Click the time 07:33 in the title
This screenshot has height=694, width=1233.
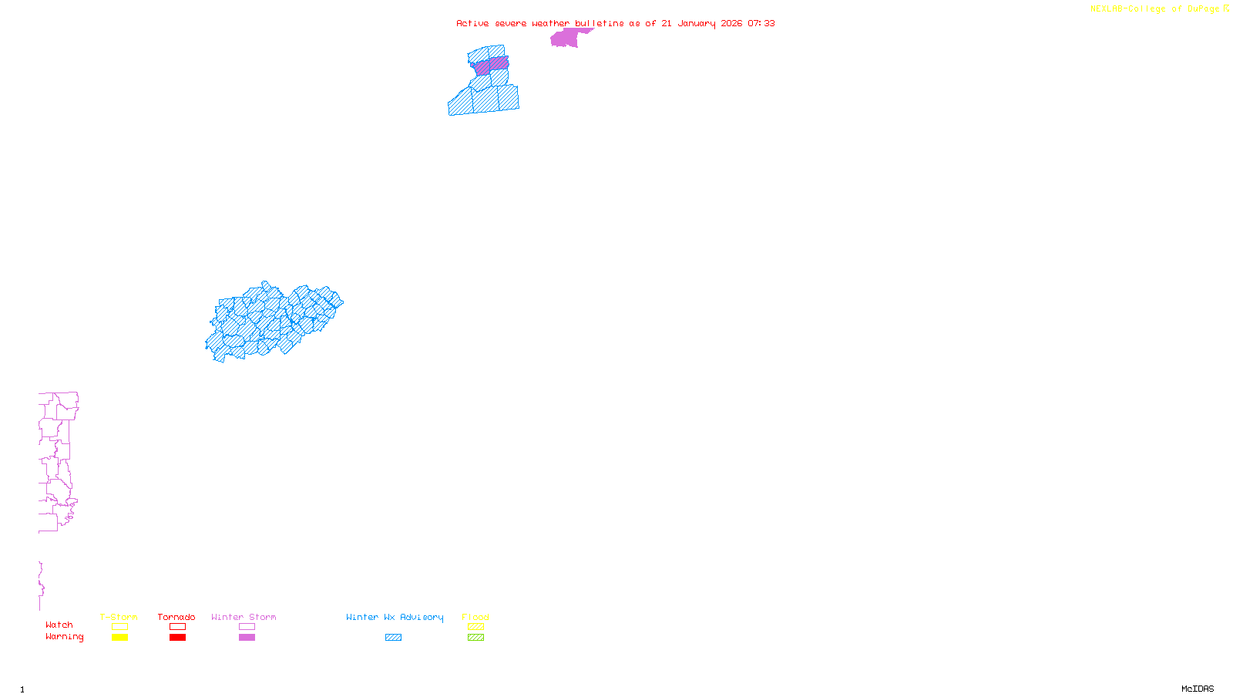(761, 23)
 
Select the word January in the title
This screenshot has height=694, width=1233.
(696, 23)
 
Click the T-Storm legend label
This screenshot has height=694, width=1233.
(119, 617)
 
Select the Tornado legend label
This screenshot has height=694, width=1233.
(176, 617)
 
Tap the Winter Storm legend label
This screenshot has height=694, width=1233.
(244, 617)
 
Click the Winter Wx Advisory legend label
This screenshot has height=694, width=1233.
(395, 617)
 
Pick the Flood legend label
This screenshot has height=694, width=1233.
(475, 617)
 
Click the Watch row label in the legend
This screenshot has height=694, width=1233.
(59, 625)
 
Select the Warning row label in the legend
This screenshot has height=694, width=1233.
(64, 637)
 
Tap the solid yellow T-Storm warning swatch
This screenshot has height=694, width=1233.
(119, 638)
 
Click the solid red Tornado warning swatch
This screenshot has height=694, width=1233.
(177, 638)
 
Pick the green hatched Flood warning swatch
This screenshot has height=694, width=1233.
(475, 638)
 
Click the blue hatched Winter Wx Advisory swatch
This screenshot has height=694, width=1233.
(393, 638)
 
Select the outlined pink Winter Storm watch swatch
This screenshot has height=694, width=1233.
(247, 627)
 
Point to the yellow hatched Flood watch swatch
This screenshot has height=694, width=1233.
(475, 627)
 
